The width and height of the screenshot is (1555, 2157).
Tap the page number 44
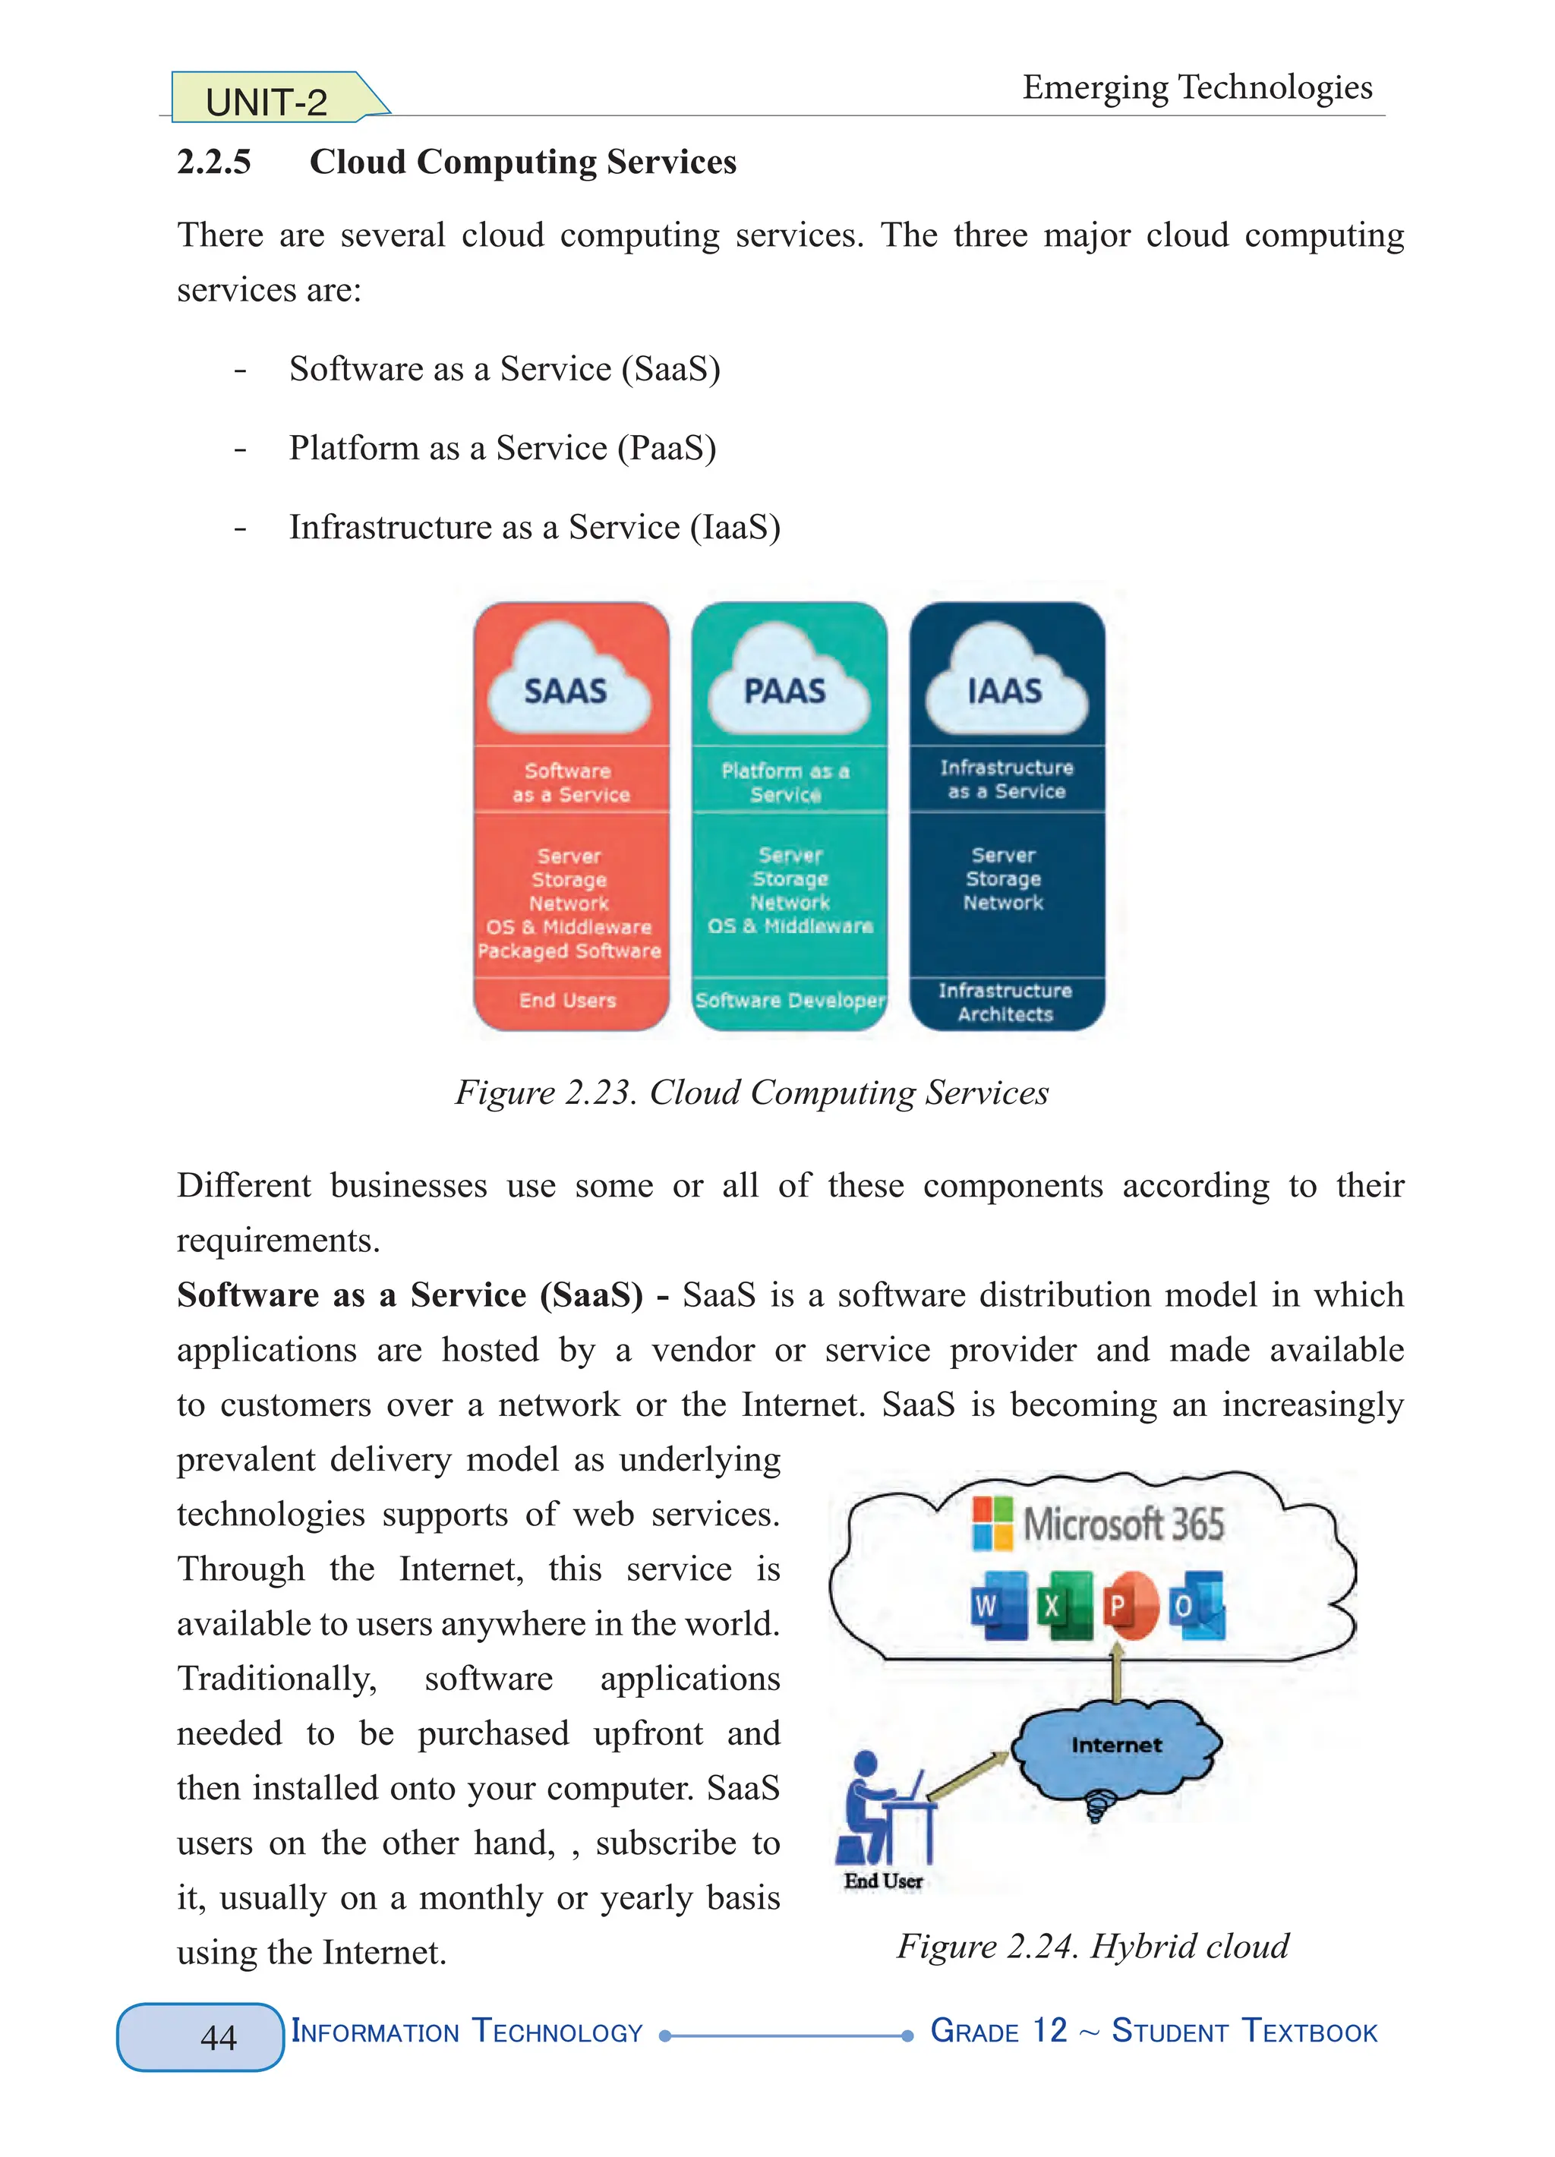tap(218, 2037)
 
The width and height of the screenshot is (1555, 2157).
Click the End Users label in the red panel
tap(568, 1001)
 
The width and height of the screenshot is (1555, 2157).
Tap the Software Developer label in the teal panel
tap(790, 1001)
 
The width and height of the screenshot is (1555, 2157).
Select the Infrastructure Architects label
tap(1005, 1002)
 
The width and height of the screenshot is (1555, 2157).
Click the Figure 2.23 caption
tap(752, 1093)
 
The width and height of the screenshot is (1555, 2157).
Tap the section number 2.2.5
tap(214, 162)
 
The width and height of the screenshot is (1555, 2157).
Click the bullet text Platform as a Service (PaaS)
tap(502, 448)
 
